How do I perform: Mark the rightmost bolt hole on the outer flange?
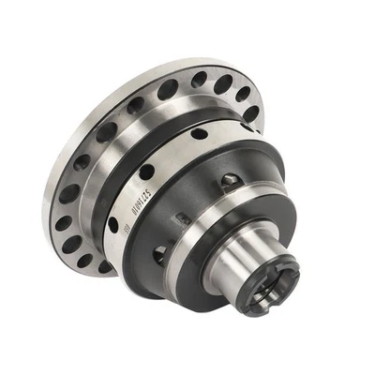[x=251, y=113]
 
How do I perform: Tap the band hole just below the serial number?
[x=113, y=226]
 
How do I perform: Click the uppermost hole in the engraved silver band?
[x=200, y=134]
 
